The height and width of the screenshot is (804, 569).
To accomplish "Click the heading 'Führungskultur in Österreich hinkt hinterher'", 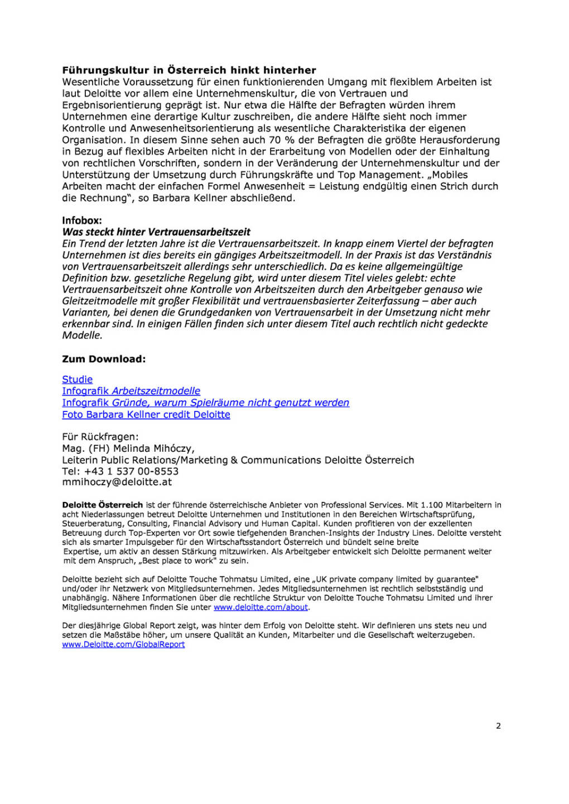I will (189, 70).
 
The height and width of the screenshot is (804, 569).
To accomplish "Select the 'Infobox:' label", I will (82, 221).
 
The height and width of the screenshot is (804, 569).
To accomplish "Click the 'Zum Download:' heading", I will (104, 359).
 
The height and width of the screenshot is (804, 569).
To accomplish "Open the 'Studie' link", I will (78, 380).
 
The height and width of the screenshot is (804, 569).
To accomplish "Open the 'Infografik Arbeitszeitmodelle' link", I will (131, 391).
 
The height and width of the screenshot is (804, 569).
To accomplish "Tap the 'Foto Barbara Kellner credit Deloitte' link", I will (146, 415).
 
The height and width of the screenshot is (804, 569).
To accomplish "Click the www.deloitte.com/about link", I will (261, 607).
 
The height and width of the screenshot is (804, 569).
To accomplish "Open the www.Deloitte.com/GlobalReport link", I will (123, 644).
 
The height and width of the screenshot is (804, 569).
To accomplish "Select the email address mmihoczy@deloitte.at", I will (117, 482).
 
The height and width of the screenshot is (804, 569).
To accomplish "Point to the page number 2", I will (498, 726).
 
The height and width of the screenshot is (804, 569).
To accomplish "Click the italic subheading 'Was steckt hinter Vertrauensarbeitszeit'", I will (156, 232).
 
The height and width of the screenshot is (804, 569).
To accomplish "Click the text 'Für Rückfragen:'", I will (100, 437).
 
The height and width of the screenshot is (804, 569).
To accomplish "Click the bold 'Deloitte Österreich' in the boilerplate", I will (103, 505).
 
